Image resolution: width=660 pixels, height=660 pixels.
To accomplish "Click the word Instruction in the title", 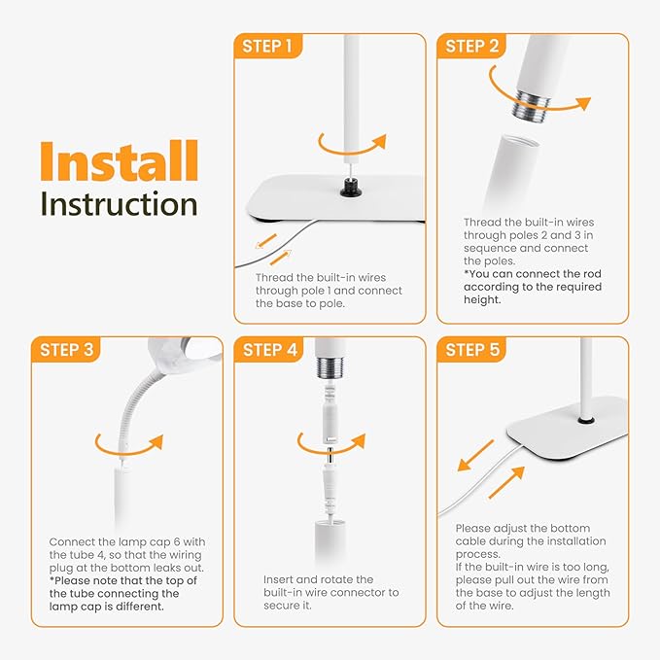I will [x=118, y=204].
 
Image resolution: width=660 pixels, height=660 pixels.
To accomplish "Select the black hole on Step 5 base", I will [x=586, y=420].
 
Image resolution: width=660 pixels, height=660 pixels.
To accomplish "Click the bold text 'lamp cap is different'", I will [x=109, y=606].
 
